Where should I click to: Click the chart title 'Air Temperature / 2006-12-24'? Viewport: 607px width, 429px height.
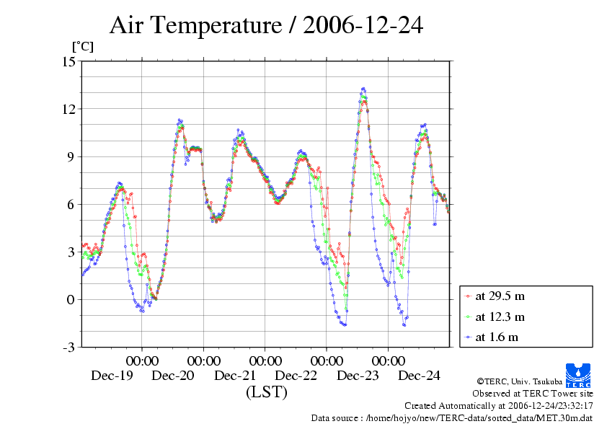point(266,26)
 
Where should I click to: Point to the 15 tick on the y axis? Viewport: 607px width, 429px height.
point(68,61)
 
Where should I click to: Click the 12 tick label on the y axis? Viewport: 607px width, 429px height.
point(68,109)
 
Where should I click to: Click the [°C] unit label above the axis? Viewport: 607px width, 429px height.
point(82,46)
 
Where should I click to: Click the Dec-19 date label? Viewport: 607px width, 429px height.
point(111,375)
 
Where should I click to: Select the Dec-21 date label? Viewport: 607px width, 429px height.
point(235,375)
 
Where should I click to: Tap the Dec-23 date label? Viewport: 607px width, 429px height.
point(358,375)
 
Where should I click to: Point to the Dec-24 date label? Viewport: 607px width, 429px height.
point(420,375)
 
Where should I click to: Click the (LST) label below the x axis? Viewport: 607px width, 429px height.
point(266,392)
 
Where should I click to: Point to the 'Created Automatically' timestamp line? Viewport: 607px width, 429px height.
point(498,405)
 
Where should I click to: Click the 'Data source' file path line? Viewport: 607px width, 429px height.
point(451,417)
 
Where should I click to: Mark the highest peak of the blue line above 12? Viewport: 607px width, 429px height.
point(363,89)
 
